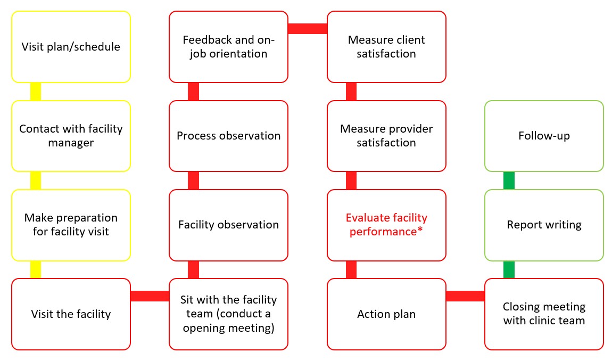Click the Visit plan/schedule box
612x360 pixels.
[x=71, y=47]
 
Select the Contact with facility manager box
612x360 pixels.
[x=71, y=136]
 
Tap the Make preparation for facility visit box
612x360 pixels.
[x=71, y=225]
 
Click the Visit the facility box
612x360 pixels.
[x=71, y=314]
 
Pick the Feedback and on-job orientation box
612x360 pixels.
[x=228, y=47]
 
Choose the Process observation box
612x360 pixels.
[x=228, y=136]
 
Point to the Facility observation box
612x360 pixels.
[x=228, y=225]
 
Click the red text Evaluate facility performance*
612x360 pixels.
[x=386, y=225]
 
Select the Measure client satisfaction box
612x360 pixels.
[x=386, y=47]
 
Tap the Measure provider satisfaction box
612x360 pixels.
[x=386, y=136]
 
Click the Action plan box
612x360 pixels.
[x=386, y=314]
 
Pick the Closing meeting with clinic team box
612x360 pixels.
[x=544, y=314]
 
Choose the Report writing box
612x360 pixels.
[x=544, y=225]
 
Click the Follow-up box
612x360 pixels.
[x=544, y=136]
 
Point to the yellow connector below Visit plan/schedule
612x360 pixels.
[x=35, y=92]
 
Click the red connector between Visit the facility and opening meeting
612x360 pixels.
[x=150, y=296]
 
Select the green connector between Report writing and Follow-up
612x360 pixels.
[x=509, y=181]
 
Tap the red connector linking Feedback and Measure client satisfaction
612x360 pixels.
[x=307, y=29]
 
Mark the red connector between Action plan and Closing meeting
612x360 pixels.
[x=465, y=296]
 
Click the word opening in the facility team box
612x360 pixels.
[x=204, y=328]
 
